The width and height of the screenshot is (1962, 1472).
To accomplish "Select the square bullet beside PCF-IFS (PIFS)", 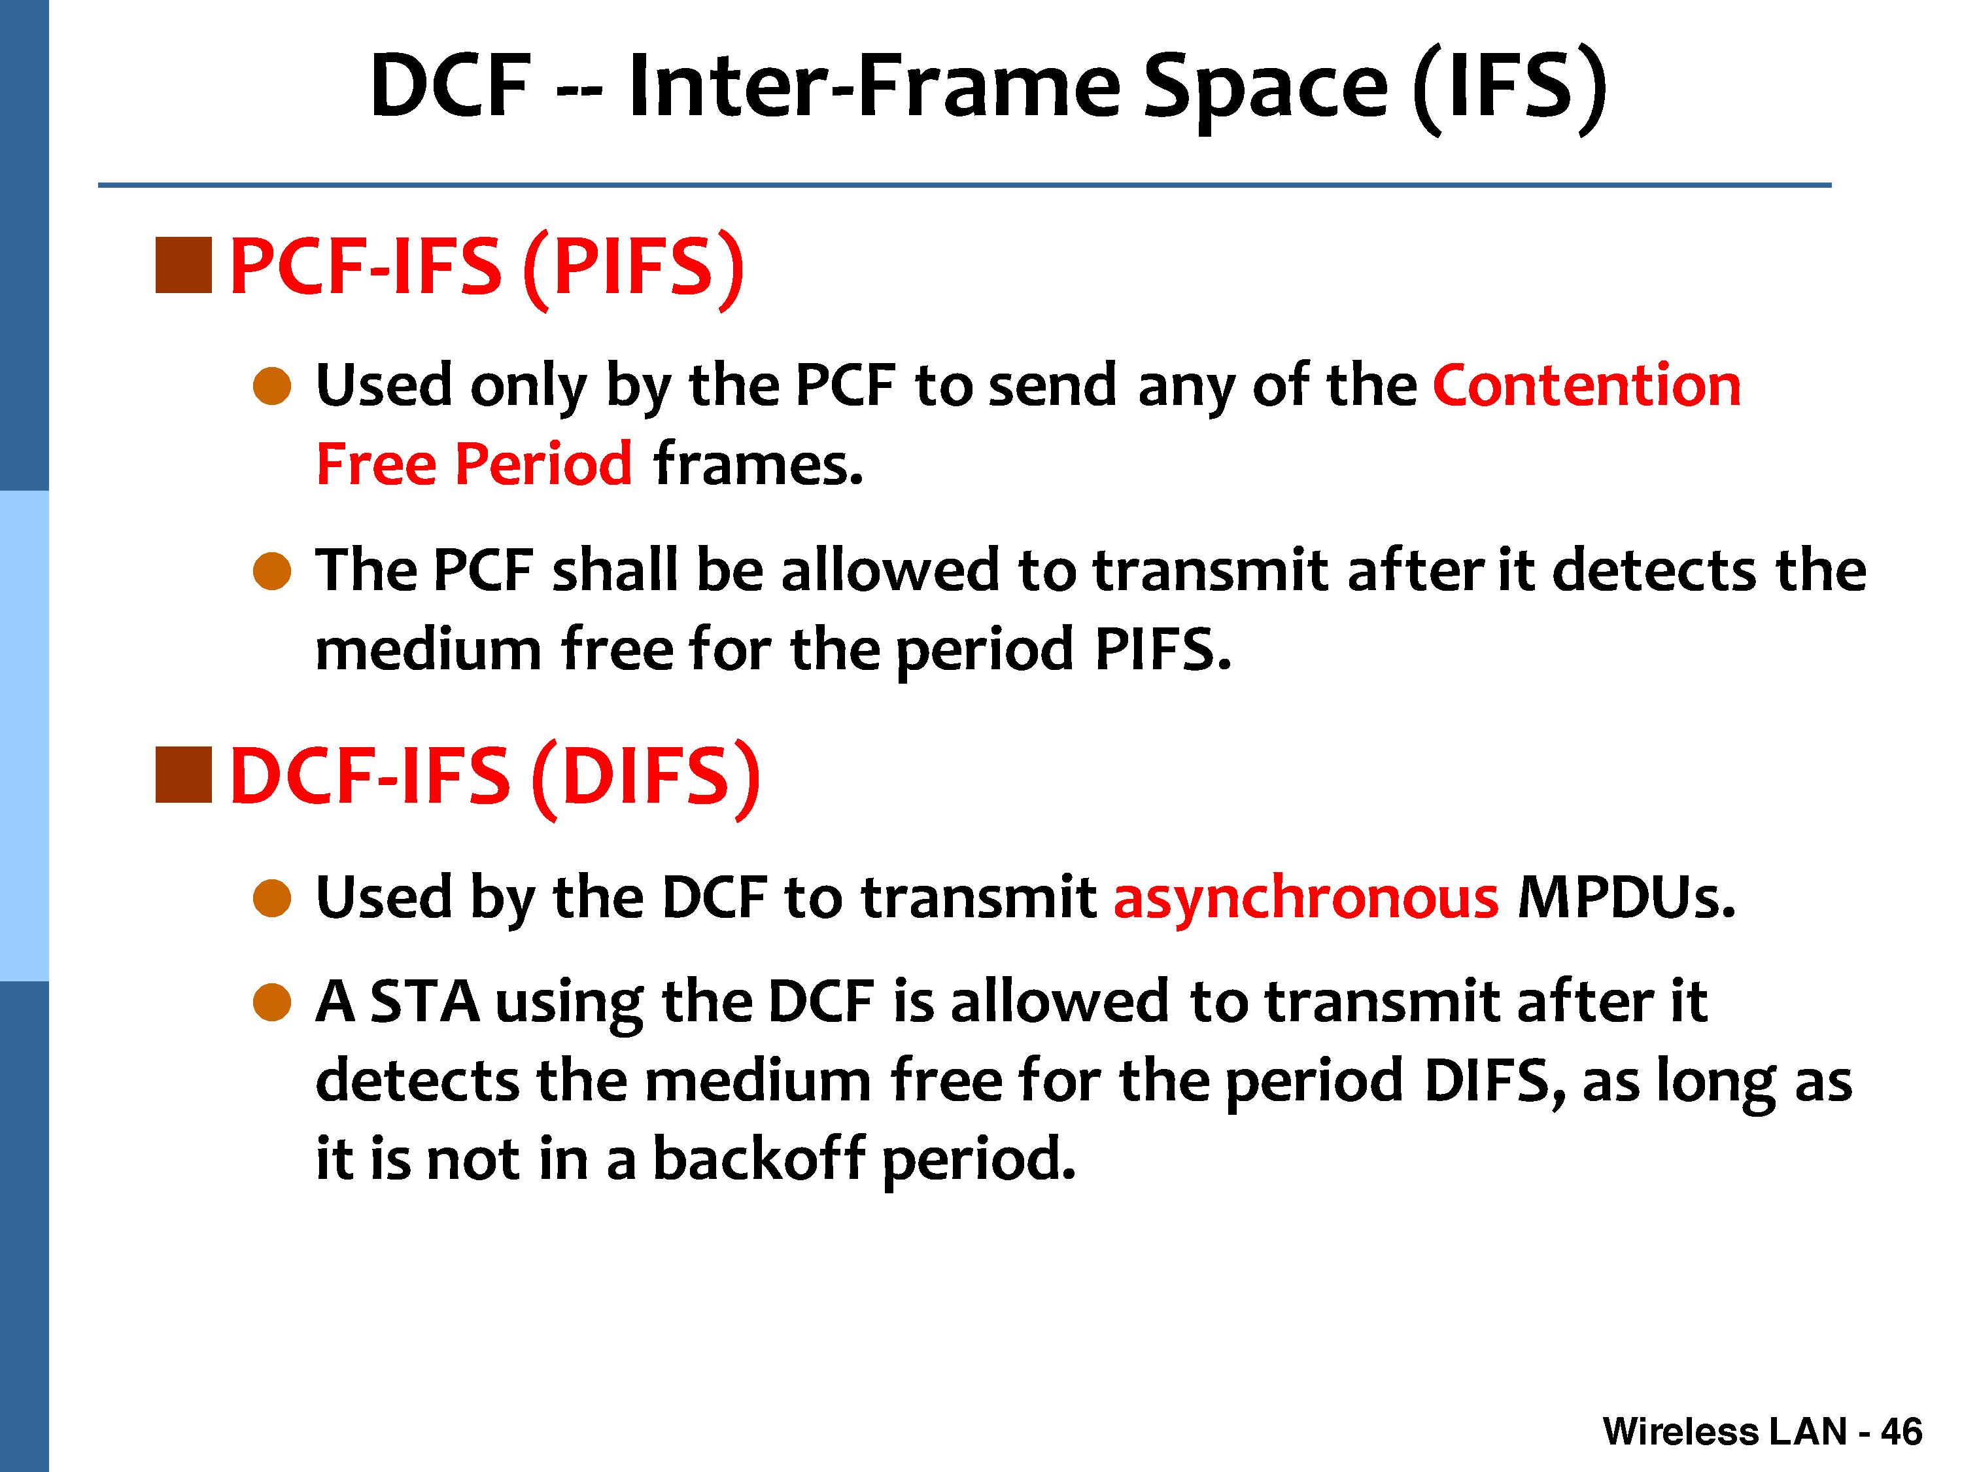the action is tap(184, 264).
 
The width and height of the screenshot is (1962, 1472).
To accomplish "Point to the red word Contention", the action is tap(1587, 385).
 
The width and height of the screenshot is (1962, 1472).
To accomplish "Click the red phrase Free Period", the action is tap(473, 463).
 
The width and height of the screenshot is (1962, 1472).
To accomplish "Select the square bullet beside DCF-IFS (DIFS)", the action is tap(184, 775).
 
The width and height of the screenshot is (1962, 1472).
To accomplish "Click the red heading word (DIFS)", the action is tap(647, 778).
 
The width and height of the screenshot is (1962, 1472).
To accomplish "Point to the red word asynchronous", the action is tap(1305, 899).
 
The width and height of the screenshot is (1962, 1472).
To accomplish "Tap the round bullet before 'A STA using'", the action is tap(272, 1003).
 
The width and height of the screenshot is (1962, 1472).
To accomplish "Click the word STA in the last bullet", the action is tap(425, 1001).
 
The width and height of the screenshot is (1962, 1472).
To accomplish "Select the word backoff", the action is tap(759, 1157).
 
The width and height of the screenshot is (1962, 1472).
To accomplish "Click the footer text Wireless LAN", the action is tap(1725, 1431).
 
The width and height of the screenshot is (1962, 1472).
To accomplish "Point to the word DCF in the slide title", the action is tap(451, 86).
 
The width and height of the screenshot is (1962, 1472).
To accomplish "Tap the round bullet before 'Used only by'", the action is tap(272, 387).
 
